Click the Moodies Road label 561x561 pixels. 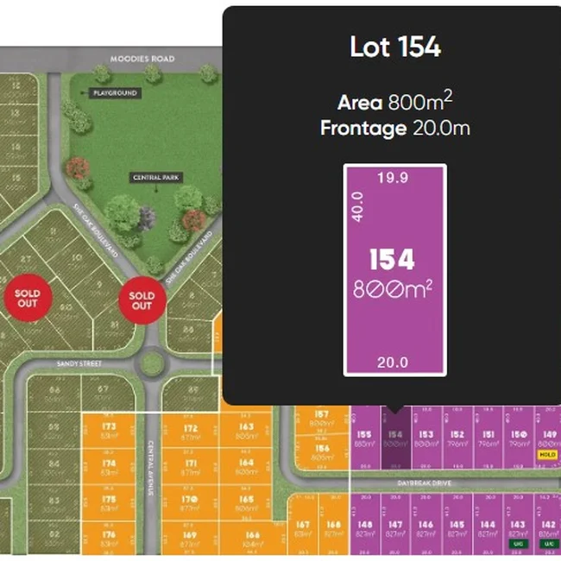(142, 59)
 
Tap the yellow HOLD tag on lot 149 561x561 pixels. (547, 454)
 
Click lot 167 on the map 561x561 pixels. (302, 528)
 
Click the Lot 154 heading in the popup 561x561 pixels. (394, 47)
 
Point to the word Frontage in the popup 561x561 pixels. (362, 129)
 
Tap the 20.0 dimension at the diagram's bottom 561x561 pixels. (393, 362)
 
